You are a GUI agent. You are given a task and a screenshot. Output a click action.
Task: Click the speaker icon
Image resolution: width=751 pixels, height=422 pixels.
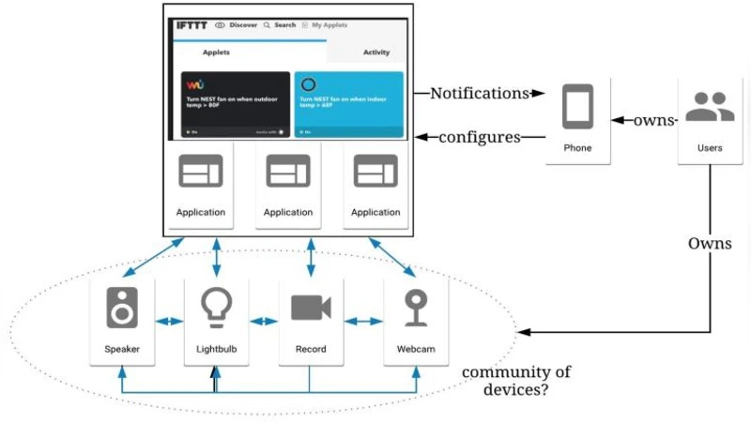tap(122, 308)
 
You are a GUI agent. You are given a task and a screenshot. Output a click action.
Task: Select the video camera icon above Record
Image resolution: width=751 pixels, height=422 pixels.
tap(311, 308)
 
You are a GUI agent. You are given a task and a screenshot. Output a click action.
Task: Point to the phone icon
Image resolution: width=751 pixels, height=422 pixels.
tap(577, 107)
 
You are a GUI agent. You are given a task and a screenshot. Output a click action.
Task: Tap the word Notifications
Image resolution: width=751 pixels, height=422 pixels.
tap(479, 93)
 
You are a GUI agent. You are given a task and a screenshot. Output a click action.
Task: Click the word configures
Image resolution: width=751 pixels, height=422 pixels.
tap(480, 137)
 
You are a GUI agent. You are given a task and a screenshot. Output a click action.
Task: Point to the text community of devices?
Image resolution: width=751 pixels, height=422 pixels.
tap(515, 381)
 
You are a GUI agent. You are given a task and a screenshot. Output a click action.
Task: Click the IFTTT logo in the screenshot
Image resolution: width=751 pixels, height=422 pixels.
tap(192, 25)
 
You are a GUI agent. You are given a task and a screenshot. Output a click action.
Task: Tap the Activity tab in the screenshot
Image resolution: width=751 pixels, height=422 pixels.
tap(375, 53)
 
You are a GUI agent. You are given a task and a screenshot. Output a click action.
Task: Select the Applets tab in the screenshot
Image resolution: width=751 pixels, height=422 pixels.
tap(216, 53)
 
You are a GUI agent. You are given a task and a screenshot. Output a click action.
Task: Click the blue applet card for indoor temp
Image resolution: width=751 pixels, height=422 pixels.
tap(348, 104)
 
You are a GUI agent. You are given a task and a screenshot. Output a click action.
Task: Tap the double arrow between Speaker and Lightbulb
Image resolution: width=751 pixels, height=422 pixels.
tap(169, 322)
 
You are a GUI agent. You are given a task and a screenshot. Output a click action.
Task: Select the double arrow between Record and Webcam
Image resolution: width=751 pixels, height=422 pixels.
tap(363, 322)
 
